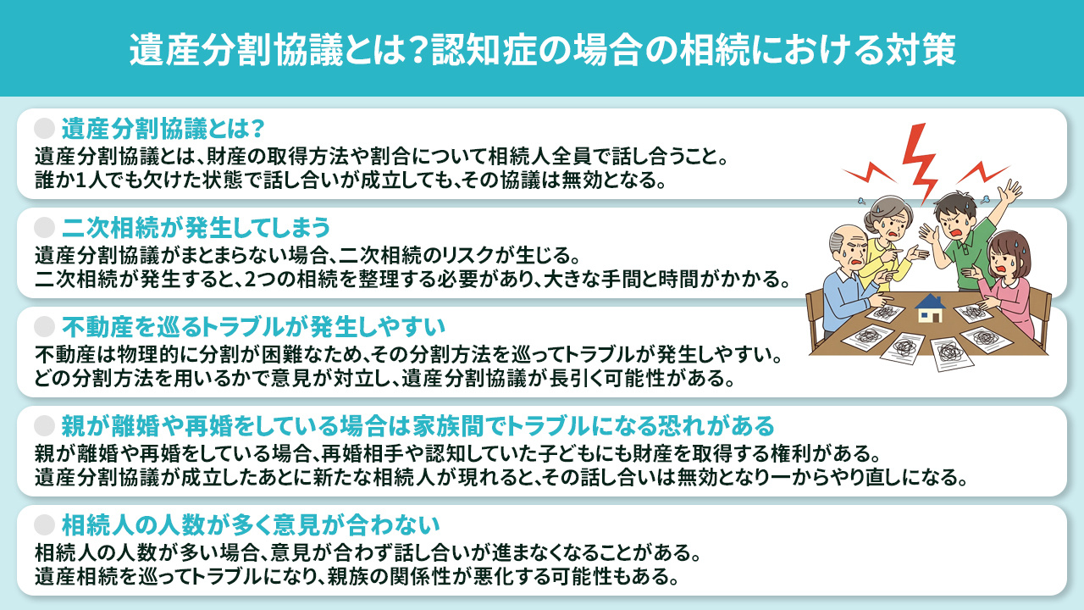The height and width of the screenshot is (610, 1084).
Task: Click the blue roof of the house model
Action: [930, 301]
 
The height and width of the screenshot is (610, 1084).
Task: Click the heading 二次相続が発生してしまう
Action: [196, 228]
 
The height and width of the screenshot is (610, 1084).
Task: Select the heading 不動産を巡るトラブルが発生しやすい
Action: [253, 326]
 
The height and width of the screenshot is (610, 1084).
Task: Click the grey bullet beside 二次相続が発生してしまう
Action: [44, 228]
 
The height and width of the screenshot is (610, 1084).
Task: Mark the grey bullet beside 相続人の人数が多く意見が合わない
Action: [44, 524]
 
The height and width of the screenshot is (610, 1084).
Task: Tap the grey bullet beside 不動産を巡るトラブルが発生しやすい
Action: [44, 326]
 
